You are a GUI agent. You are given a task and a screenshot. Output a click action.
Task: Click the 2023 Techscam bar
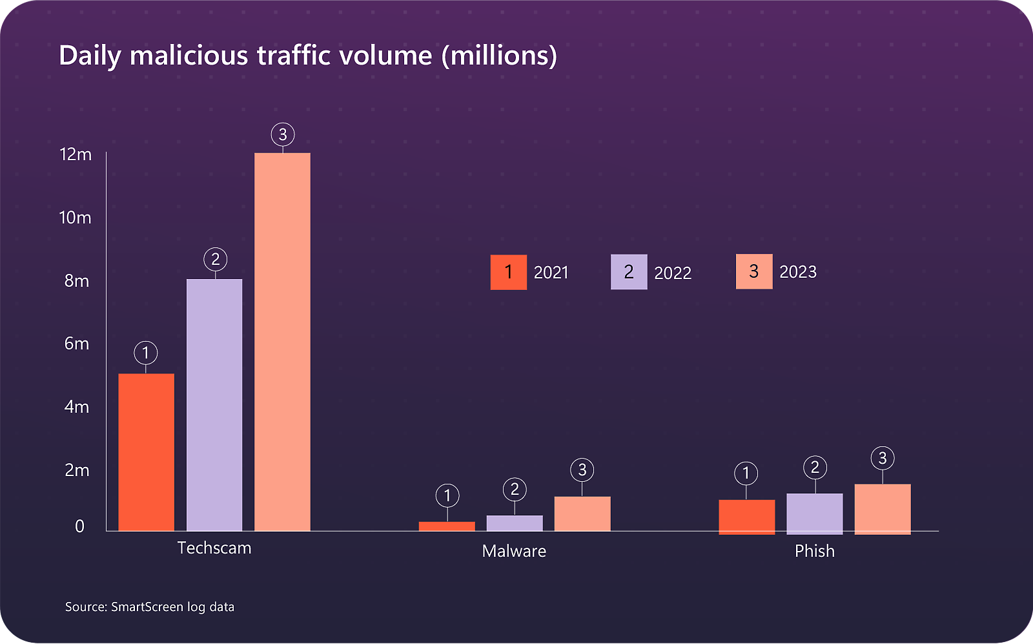(282, 342)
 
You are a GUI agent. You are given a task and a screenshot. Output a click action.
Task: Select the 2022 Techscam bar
(214, 405)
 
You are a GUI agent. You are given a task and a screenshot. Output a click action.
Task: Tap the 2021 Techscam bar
(146, 452)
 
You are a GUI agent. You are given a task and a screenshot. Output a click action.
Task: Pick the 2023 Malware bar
(582, 514)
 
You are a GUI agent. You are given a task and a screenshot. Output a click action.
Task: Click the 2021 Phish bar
(746, 516)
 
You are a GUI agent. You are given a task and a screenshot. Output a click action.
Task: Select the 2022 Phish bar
(814, 514)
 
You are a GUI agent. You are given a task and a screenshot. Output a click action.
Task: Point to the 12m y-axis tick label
(76, 154)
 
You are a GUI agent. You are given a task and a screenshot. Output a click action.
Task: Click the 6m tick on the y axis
(76, 344)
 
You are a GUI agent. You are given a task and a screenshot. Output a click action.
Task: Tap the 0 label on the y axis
(79, 526)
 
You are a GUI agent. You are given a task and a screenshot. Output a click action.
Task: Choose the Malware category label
(514, 551)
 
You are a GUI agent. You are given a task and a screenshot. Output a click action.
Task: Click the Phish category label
(814, 551)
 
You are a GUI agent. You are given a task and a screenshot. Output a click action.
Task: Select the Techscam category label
(214, 548)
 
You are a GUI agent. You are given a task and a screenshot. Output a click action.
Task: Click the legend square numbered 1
(508, 272)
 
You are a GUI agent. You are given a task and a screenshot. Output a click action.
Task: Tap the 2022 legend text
(673, 273)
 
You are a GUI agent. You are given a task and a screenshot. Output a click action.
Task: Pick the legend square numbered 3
(753, 271)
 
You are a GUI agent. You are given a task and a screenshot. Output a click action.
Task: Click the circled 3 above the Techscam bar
(282, 134)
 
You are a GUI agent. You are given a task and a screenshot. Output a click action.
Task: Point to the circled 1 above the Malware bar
(447, 495)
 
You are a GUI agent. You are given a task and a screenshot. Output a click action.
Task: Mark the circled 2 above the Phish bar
(815, 467)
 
